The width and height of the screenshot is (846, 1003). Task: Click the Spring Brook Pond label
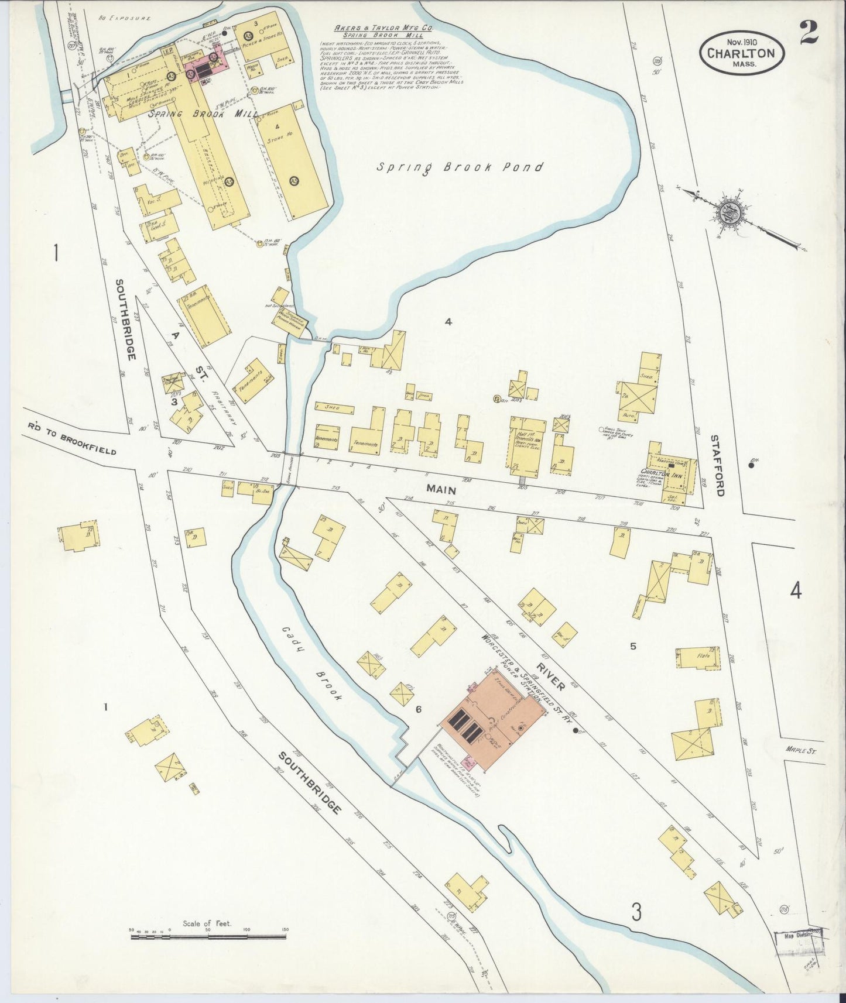tap(460, 167)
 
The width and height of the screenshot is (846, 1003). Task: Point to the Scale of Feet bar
tap(208, 937)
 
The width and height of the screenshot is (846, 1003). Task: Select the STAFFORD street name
tap(718, 465)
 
